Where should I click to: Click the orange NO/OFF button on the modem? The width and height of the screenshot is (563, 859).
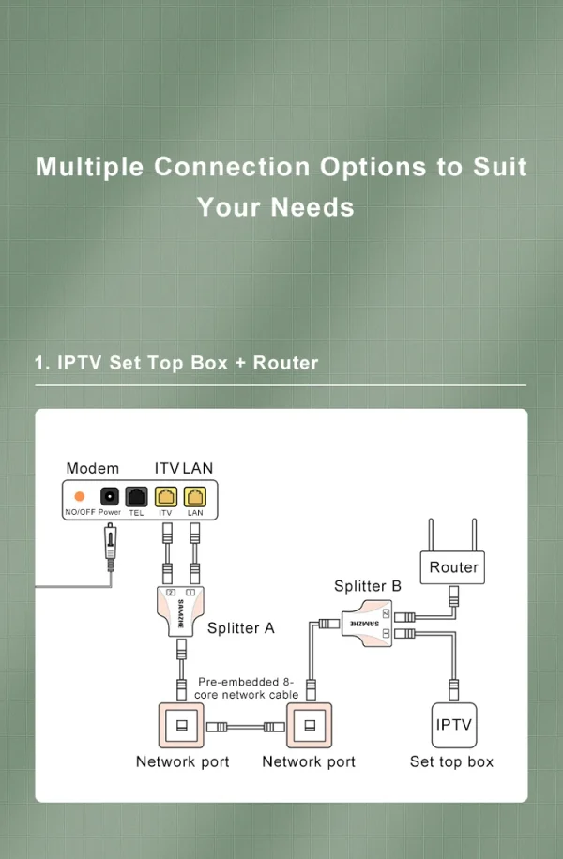(x=80, y=496)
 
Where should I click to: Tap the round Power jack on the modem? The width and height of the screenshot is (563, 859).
(x=110, y=496)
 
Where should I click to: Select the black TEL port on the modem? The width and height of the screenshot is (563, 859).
(x=137, y=496)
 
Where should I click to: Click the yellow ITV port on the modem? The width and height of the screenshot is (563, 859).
(x=166, y=496)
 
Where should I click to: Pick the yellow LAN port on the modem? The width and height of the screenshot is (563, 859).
(x=195, y=496)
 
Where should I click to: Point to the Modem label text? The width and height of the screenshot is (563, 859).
(x=92, y=468)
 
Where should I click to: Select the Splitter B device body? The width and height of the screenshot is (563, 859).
(x=367, y=622)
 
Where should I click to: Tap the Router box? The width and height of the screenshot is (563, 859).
(x=453, y=567)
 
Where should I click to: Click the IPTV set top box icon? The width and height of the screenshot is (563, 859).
(x=453, y=725)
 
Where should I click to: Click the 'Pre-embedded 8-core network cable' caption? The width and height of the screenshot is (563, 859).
(x=248, y=688)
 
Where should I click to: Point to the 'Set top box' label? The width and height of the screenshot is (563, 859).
(x=451, y=761)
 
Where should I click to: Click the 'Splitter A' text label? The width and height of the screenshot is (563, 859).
(x=240, y=628)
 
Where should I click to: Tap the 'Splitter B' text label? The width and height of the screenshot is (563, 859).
(x=368, y=586)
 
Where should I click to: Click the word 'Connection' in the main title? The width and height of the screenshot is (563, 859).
(x=232, y=167)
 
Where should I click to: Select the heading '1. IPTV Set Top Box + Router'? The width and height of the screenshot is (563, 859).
(x=176, y=363)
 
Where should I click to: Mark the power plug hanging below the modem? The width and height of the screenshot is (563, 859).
(x=111, y=550)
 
